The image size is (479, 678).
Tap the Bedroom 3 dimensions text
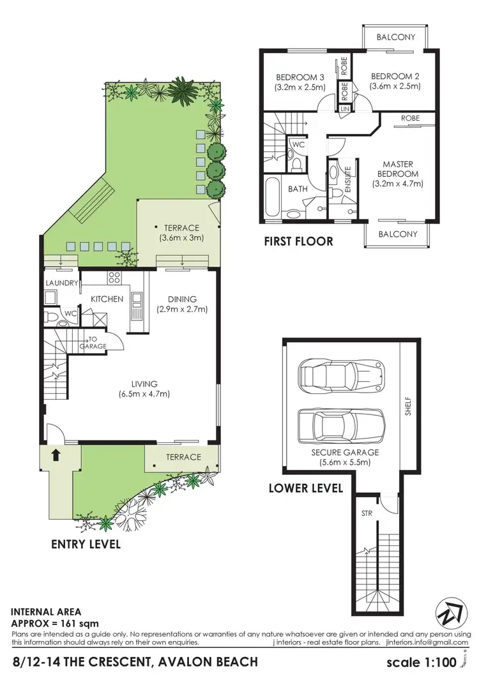(x=300, y=87)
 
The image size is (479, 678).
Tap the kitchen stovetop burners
(x=115, y=278)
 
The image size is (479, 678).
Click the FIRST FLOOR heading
(x=299, y=241)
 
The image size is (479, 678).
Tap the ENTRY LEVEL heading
(x=86, y=545)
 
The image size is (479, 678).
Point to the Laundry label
(x=61, y=283)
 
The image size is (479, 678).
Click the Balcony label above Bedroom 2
(x=395, y=37)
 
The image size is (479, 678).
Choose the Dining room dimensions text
(x=182, y=310)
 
